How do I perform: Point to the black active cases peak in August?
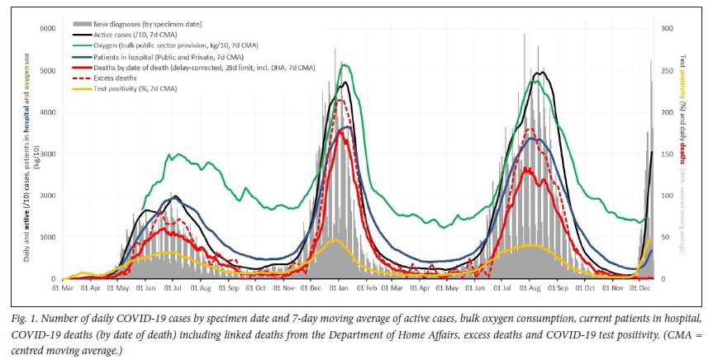click(542, 73)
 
